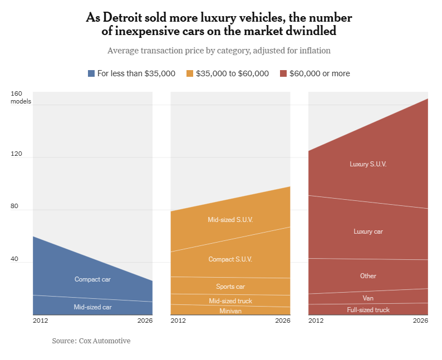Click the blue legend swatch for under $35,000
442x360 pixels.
click(92, 73)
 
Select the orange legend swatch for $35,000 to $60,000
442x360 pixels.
click(190, 73)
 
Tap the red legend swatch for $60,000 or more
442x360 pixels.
click(283, 73)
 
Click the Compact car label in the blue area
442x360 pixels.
click(92, 279)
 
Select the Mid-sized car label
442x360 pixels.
click(92, 307)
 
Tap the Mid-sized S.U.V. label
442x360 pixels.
click(230, 220)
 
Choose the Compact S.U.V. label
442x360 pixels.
click(230, 259)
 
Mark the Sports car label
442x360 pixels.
click(230, 287)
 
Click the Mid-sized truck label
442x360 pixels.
click(230, 301)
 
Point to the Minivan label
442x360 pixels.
click(230, 311)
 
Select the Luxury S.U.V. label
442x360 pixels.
click(368, 164)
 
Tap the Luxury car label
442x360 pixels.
click(368, 231)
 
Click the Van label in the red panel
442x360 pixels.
click(368, 298)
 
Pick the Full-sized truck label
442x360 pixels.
click(368, 310)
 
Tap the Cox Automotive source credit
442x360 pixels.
click(104, 341)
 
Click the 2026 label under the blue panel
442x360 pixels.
click(145, 321)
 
